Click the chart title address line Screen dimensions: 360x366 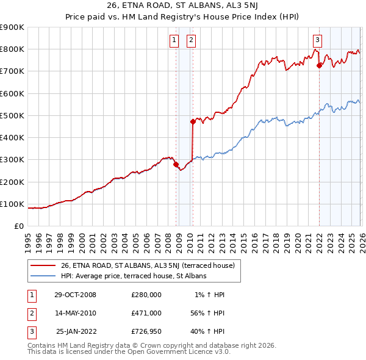coord(183,7)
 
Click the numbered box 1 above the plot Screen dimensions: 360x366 coord(174,41)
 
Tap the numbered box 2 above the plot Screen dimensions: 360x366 coord(191,41)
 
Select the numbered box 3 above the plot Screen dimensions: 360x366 coord(317,41)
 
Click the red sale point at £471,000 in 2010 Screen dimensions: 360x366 coord(193,121)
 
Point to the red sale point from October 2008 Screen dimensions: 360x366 coord(176,164)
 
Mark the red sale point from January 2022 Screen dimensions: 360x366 coord(319,65)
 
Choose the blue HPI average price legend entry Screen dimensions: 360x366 coord(134,276)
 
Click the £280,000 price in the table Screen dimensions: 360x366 coord(146,294)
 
